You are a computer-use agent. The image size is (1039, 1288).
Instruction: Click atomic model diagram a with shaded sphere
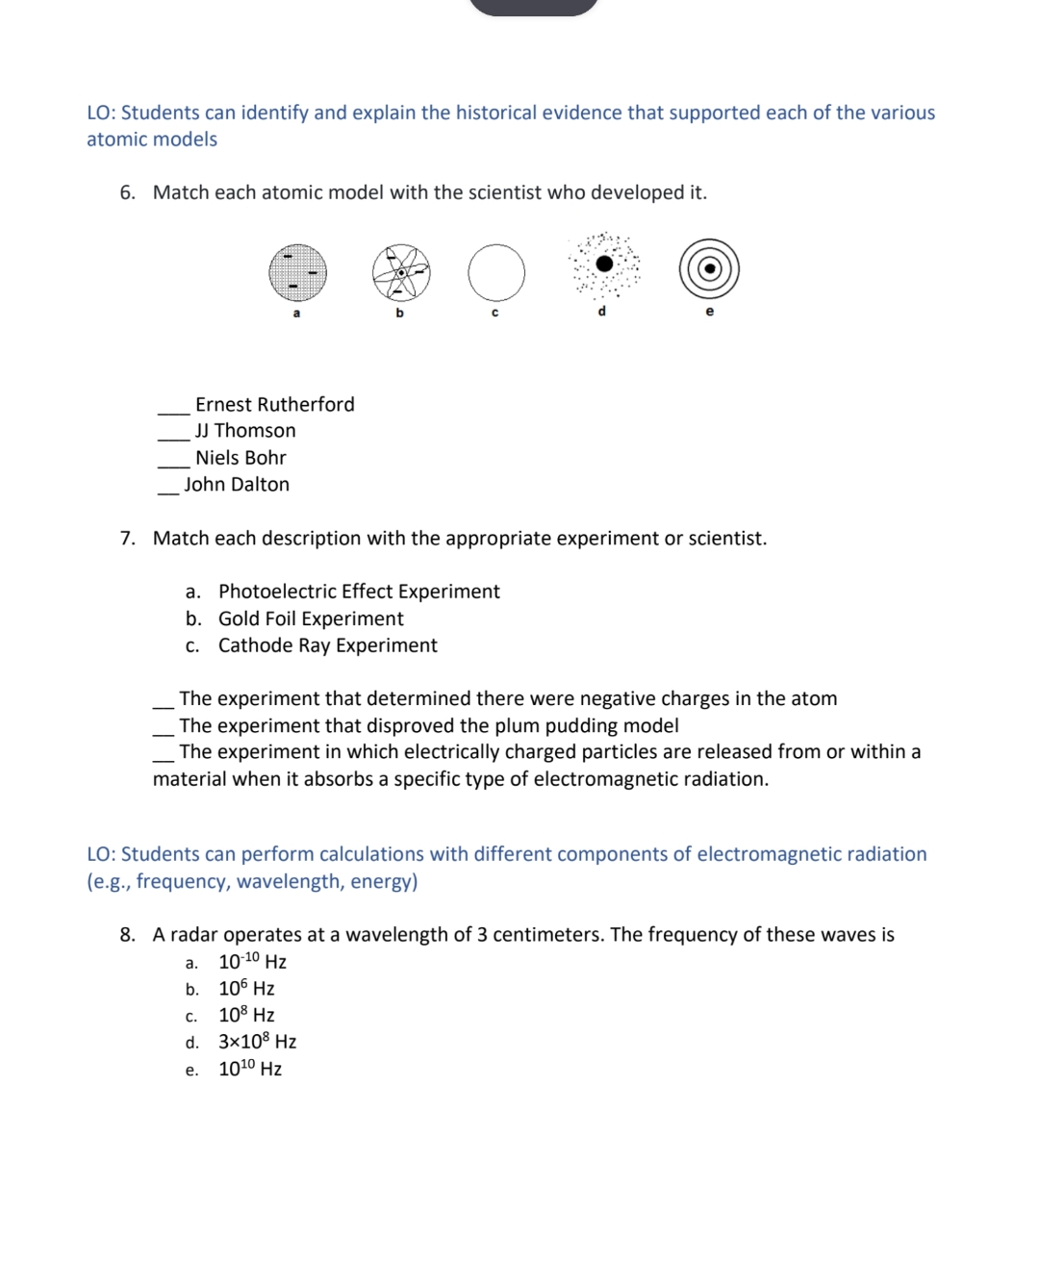point(297,272)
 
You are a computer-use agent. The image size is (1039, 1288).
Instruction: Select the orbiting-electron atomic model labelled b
point(401,272)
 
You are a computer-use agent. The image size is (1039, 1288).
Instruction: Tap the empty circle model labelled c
point(496,272)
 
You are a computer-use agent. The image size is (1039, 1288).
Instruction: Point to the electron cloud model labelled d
point(604,264)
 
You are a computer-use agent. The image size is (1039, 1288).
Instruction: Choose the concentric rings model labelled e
point(709,268)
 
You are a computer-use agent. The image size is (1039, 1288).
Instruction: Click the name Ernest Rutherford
point(274,405)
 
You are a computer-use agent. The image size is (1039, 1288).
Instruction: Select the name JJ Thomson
point(245,431)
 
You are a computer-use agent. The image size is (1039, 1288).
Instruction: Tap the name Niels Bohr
point(241,458)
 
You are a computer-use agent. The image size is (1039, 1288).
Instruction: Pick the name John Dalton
point(237,485)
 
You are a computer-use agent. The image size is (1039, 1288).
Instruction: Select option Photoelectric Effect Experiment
point(359,592)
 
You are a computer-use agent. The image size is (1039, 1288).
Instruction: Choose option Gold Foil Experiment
point(311,619)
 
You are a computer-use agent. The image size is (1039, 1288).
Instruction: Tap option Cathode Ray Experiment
point(327,645)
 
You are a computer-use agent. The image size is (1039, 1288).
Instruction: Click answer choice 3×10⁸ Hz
point(257,1042)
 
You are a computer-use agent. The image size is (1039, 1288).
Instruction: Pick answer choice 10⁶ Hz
point(246,989)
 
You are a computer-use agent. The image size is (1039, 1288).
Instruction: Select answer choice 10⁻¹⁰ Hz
point(252,962)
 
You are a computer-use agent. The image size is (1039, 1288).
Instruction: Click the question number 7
point(127,539)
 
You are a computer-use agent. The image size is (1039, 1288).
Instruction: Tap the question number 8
point(127,935)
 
